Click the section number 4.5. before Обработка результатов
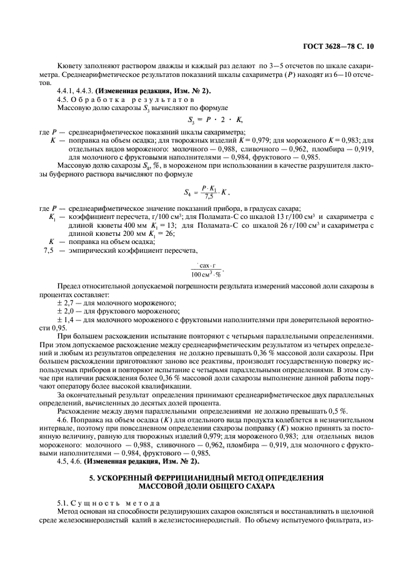click(64, 99)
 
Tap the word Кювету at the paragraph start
click(69, 64)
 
